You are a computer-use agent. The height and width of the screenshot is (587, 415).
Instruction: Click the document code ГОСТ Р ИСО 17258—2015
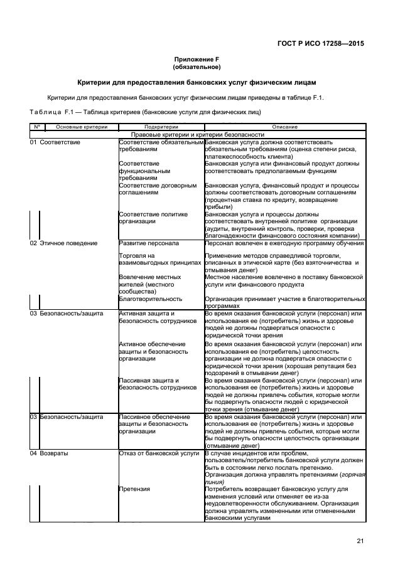click(x=321, y=44)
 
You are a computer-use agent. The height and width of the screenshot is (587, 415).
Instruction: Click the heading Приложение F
click(x=196, y=58)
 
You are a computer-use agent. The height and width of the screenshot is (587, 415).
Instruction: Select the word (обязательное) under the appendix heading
click(x=196, y=66)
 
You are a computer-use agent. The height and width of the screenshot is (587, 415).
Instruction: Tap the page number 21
click(x=360, y=541)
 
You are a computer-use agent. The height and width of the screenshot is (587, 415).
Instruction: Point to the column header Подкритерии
click(x=161, y=127)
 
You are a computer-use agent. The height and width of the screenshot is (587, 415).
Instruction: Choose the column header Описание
click(x=284, y=127)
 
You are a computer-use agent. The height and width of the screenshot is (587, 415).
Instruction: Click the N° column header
click(x=37, y=127)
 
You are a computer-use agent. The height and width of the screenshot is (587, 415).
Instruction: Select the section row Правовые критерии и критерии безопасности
click(x=197, y=135)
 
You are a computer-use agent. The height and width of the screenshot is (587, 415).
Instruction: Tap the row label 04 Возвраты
click(x=50, y=453)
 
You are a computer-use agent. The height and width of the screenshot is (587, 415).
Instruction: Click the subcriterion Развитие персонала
click(x=149, y=243)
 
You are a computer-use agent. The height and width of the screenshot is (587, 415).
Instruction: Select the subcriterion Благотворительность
click(x=151, y=299)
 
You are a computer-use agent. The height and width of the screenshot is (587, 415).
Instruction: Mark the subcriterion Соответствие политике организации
click(x=153, y=218)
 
